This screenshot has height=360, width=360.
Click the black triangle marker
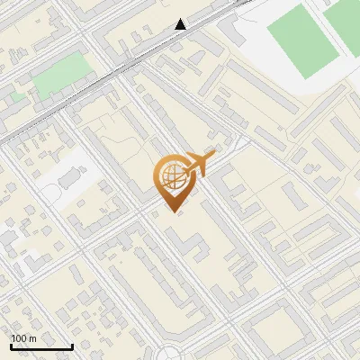pos(182,24)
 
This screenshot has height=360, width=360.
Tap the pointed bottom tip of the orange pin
pos(171,210)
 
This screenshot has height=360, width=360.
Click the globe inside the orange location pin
pos(172,176)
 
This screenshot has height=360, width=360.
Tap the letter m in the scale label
pos(34,337)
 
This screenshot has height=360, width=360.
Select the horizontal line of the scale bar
pos(41,347)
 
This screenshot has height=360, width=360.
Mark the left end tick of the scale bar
pos(11,345)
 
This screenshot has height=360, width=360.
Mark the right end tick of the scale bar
pos(72,345)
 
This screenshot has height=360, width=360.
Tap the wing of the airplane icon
pos(196,158)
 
